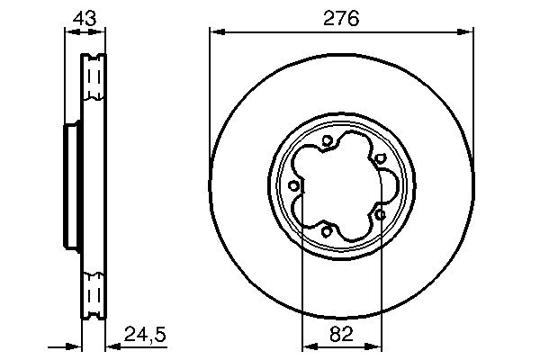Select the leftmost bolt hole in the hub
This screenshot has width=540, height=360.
coord(295,185)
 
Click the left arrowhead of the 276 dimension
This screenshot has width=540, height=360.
coord(215,31)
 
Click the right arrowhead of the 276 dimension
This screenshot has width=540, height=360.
coord(468,31)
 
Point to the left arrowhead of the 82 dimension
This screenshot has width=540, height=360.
coord(306,345)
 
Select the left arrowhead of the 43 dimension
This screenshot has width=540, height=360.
coord(68,31)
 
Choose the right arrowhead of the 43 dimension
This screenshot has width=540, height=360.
coord(101,31)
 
